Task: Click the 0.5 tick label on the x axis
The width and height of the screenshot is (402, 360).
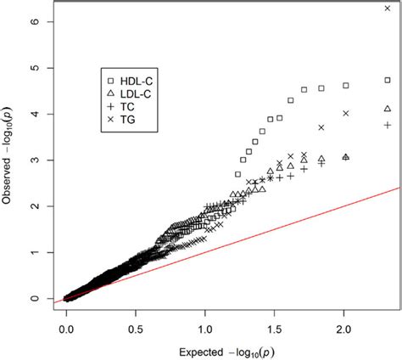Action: pos(137,326)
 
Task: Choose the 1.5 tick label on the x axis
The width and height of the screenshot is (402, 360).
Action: pos(276,326)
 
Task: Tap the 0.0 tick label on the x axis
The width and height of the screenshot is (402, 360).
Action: pos(67,326)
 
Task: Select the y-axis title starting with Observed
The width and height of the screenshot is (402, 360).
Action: pos(10,161)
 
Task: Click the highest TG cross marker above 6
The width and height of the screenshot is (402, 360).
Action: pos(388,8)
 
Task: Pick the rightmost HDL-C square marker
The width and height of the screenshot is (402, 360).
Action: pos(388,80)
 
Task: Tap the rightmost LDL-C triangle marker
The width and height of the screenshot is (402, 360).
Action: pos(388,109)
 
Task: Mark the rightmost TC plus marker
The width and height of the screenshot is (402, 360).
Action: pos(388,125)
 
